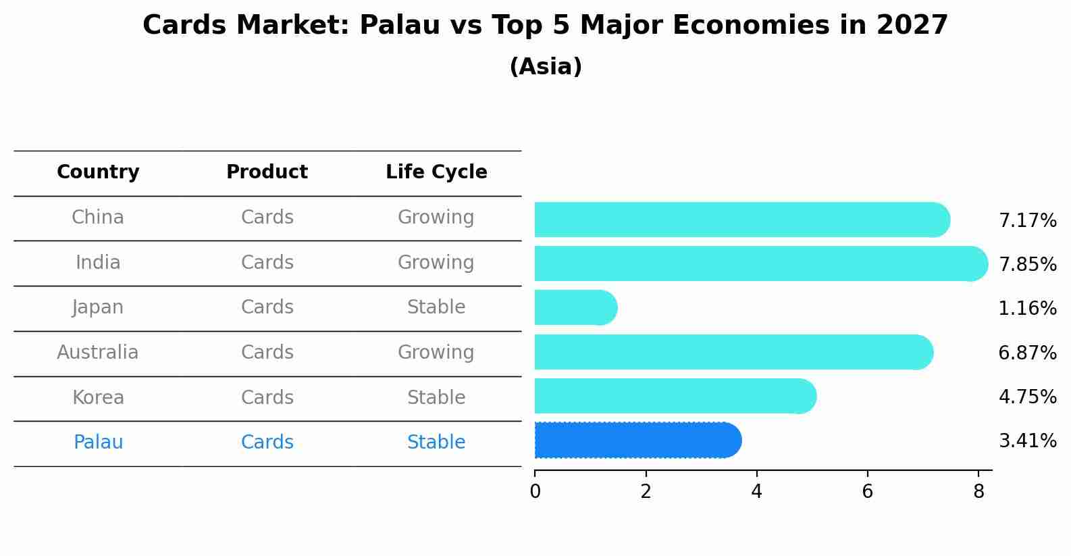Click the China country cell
[98, 218]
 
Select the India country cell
[98, 263]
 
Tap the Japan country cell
[98, 307]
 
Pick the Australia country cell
[98, 353]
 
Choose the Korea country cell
[98, 398]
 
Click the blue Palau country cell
[98, 443]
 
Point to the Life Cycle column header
[436, 172]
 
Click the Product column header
[267, 172]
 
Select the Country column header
[98, 172]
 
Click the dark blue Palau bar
[635, 440]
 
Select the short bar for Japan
[574, 308]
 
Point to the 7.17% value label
[1027, 221]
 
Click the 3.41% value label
[1027, 441]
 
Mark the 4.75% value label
[1027, 397]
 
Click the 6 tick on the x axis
[868, 492]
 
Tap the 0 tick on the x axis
[535, 492]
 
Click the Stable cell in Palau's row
[436, 443]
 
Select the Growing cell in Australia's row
[436, 353]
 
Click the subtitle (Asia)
[546, 67]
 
